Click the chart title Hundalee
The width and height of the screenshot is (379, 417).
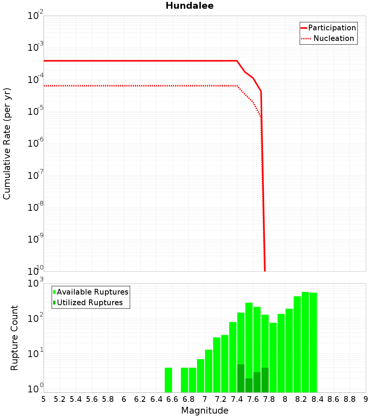[189, 6]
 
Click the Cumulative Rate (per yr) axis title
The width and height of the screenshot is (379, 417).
[7, 144]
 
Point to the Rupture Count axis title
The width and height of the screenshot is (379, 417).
[14, 338]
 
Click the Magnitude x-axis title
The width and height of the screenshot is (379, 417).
[205, 411]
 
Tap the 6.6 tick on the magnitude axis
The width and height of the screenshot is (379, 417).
[172, 399]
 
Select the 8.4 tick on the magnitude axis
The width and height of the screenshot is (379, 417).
[318, 399]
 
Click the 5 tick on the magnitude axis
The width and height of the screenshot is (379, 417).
[44, 399]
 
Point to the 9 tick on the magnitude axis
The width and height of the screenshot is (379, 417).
[366, 399]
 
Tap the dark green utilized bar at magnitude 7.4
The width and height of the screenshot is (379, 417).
[241, 378]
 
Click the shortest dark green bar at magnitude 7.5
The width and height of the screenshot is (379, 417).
[249, 385]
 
